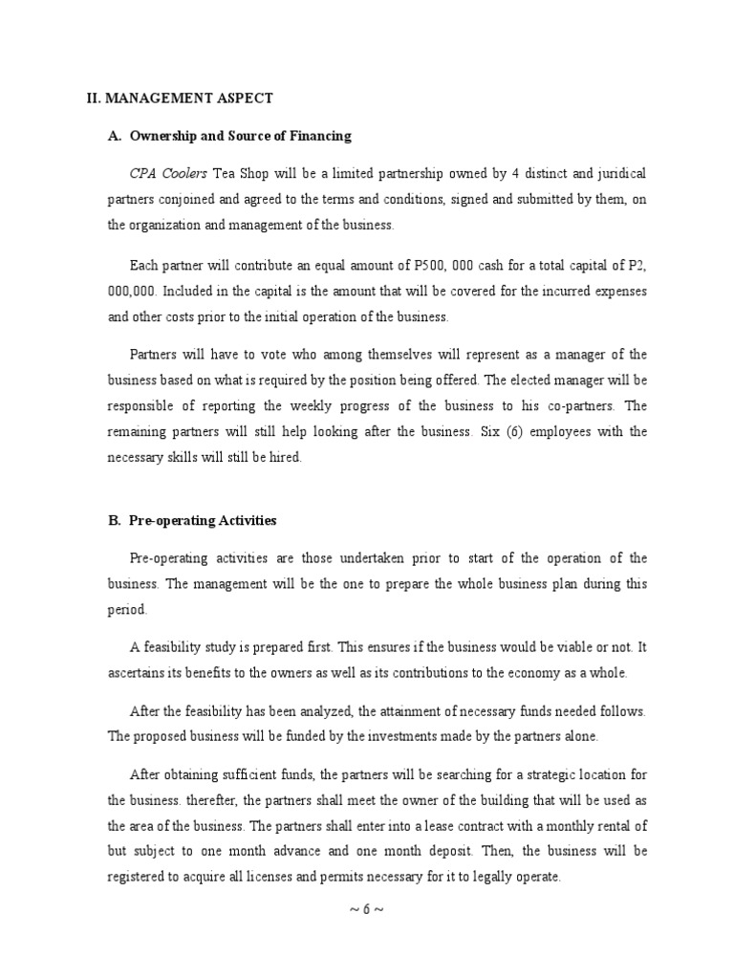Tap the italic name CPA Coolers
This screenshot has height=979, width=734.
(x=168, y=174)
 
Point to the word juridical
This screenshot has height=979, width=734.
(x=618, y=174)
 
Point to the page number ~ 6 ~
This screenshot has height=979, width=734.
(x=367, y=911)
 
